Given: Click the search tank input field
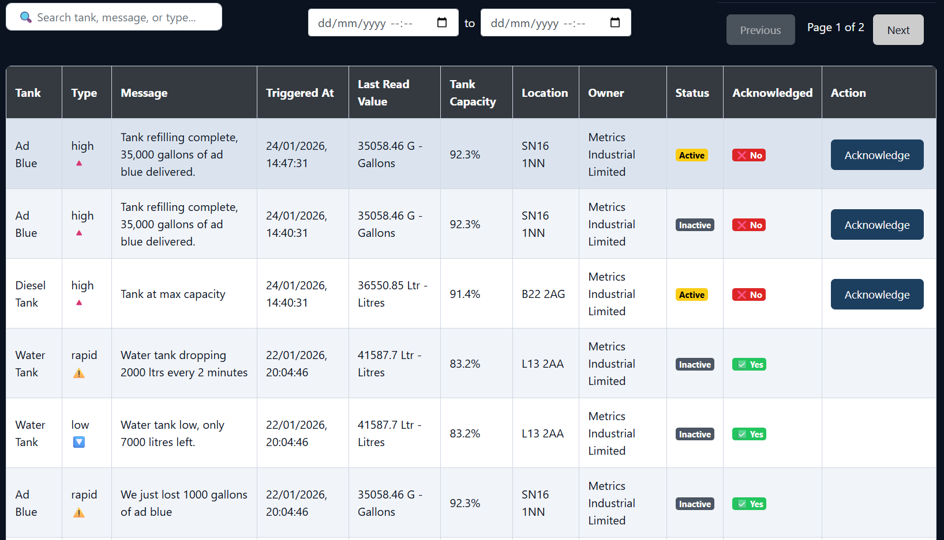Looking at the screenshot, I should coord(121,17).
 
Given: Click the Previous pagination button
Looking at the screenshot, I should coord(760,30).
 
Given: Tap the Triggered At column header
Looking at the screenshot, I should coord(300,93).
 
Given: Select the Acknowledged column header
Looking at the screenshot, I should coord(772,93).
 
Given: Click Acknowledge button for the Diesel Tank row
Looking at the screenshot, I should coord(876,294).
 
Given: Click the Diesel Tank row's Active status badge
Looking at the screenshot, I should coord(691,295).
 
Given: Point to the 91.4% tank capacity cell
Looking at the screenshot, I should coord(465,294).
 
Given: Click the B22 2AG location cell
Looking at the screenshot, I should coord(543,294).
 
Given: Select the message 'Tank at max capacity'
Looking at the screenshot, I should coord(173,294).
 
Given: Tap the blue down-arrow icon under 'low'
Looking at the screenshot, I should coord(79,442).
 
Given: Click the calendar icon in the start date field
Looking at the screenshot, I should coord(442,22).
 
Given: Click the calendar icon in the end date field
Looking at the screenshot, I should coord(615,22).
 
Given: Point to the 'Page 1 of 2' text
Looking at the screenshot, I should coord(835,27).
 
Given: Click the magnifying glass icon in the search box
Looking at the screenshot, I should coord(26,17).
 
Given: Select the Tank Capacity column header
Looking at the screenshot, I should coord(473,93).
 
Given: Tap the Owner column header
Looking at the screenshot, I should coord(606,93).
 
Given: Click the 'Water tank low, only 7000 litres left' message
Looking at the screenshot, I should coord(172,433).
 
